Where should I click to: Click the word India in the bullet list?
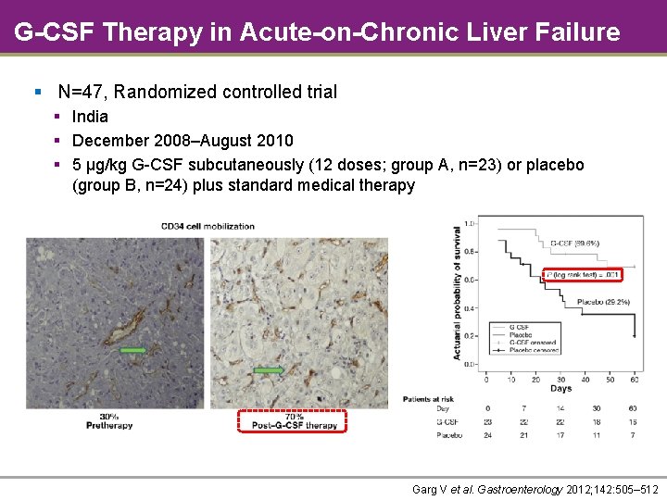pos(90,117)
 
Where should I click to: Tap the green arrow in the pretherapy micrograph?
pos(132,350)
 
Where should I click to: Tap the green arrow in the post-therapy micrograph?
pos(269,370)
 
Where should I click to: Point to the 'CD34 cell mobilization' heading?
pos(208,226)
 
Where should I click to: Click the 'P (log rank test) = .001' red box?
pos(581,274)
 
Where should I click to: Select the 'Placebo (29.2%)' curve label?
pos(603,302)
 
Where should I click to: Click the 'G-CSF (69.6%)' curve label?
pos(574,244)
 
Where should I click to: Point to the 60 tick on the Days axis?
pos(633,378)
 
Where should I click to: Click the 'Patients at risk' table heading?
pos(429,398)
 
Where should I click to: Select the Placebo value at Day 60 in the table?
pos(633,434)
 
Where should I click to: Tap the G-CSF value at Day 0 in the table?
pos(488,421)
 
